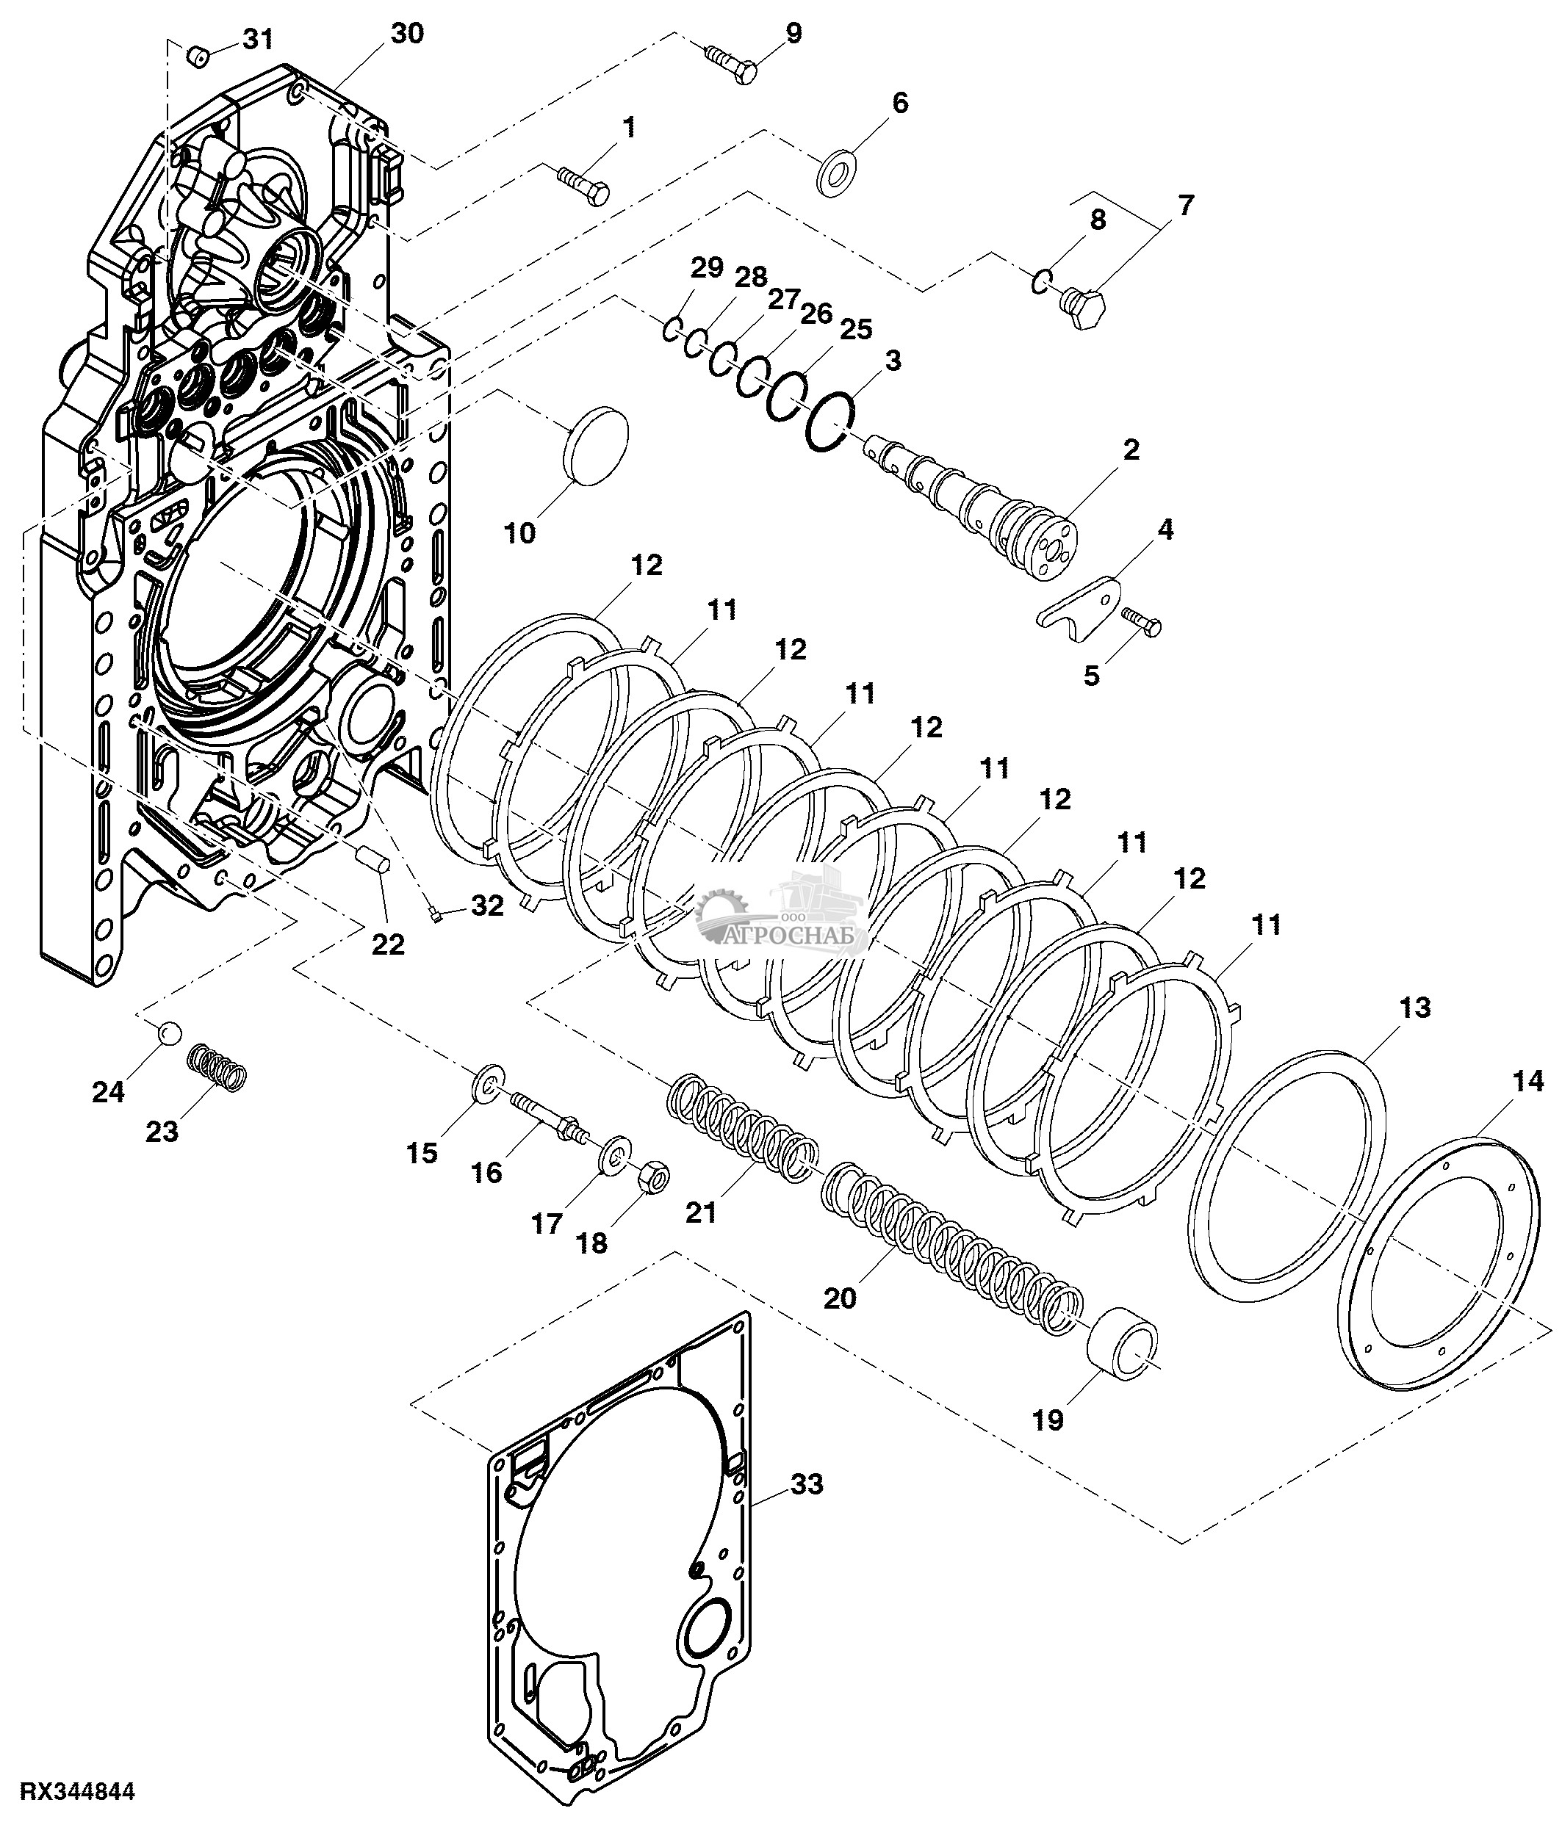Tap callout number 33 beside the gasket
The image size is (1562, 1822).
point(807,1484)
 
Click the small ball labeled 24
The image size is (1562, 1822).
point(169,1032)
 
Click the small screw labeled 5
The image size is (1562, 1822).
point(1142,623)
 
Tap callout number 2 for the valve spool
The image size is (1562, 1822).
point(1131,449)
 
